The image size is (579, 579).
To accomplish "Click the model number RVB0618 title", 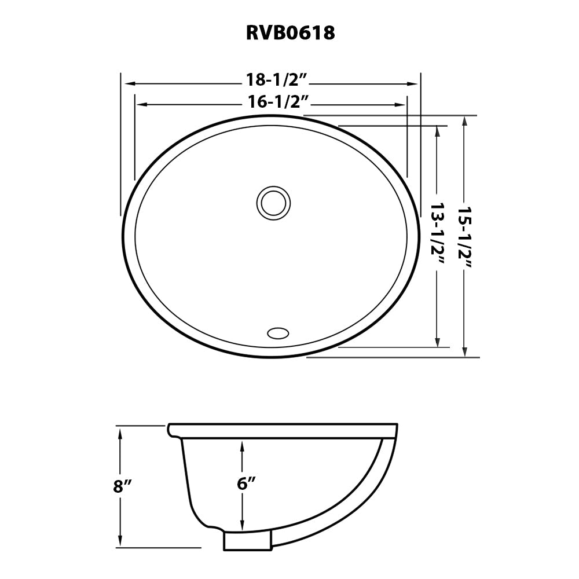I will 291,33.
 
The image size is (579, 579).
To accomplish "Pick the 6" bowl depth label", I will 246,484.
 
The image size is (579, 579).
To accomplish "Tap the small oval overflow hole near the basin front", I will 278,333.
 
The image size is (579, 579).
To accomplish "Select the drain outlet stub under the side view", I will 247,541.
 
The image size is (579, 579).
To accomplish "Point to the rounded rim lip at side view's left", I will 171,430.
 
